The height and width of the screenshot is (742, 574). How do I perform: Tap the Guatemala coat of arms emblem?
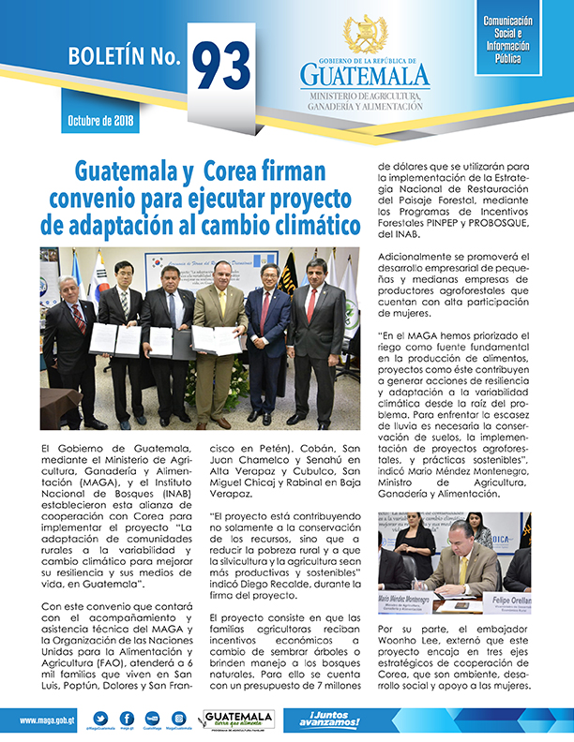click(x=365, y=36)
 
